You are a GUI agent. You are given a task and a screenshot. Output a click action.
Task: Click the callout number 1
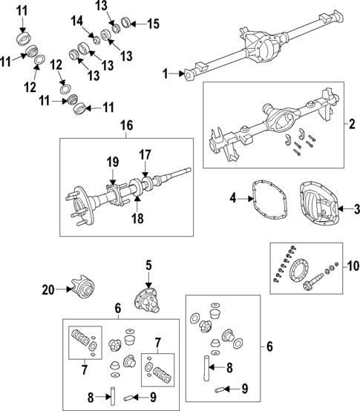[x=166, y=73]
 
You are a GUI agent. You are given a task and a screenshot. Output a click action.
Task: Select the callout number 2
[x=352, y=123]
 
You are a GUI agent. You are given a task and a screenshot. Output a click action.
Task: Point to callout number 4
[x=232, y=198]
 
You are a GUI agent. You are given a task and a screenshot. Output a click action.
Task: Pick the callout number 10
[x=352, y=265]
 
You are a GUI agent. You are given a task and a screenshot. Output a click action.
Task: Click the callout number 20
[x=48, y=291]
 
